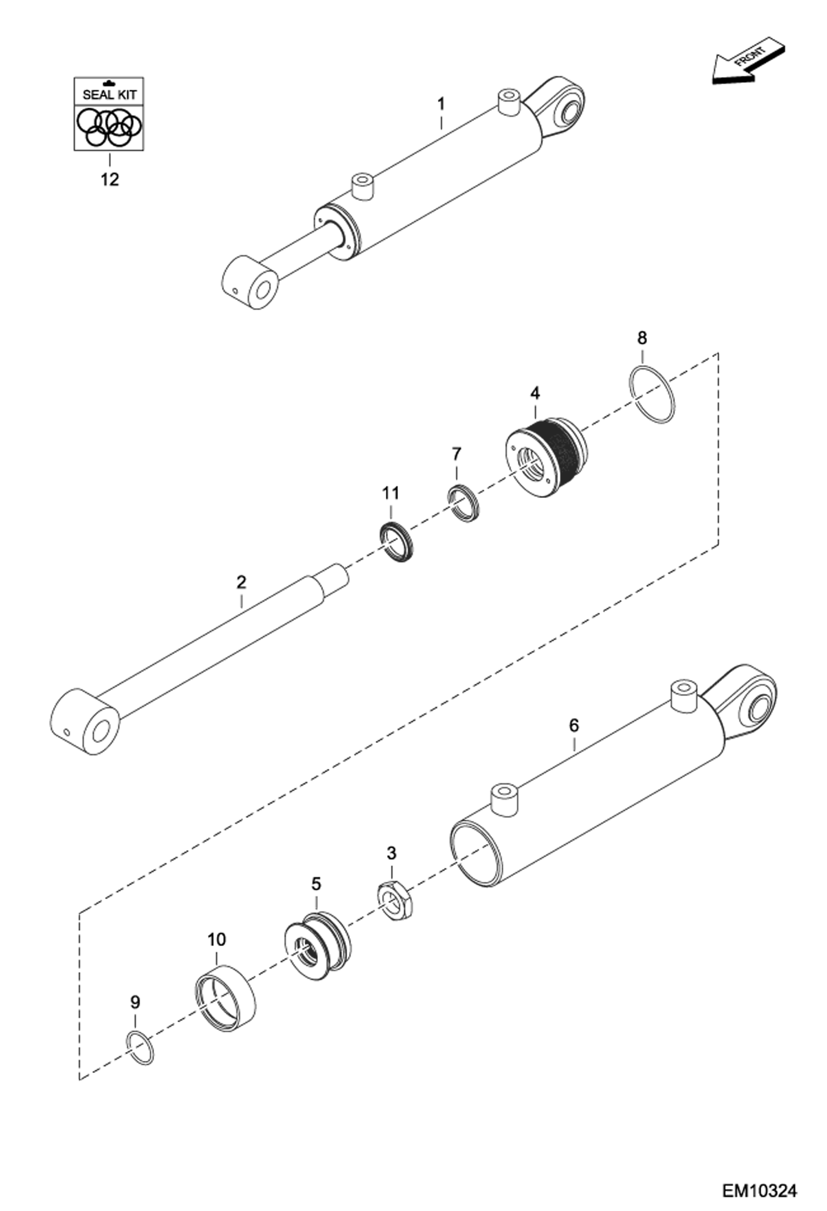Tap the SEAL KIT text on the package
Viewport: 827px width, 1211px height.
109,94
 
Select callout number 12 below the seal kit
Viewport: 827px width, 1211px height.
109,179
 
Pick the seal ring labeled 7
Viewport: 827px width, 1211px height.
463,502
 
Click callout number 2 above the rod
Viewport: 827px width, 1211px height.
241,582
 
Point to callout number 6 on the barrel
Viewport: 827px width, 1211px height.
574,725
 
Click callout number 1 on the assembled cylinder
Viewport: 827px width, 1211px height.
441,104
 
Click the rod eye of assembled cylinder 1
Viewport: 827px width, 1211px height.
250,282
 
